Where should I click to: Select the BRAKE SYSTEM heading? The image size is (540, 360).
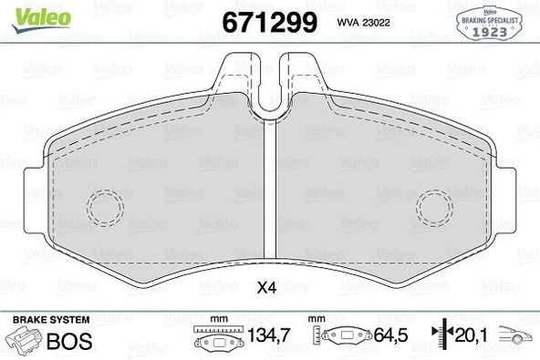click(50, 320)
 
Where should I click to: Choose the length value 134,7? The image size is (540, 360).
click(270, 337)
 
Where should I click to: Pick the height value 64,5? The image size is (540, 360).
click(388, 337)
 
